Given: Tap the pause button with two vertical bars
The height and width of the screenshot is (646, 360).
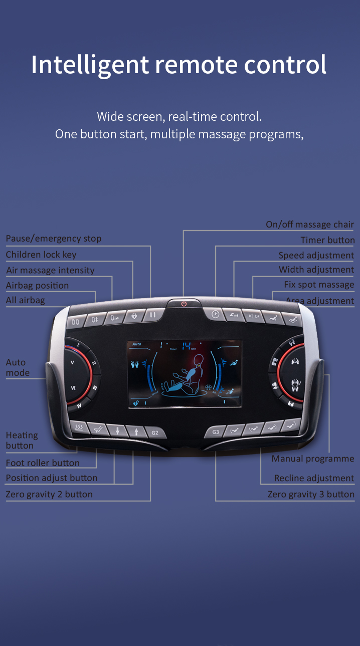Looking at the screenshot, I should [152, 316].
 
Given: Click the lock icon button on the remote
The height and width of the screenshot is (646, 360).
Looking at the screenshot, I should [134, 316].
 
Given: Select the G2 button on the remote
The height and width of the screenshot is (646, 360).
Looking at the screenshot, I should [155, 432].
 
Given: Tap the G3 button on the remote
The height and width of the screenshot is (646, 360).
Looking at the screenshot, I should [216, 432].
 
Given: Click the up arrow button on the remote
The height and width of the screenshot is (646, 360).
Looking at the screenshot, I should [135, 431].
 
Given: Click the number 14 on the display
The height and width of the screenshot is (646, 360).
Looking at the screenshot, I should [186, 345].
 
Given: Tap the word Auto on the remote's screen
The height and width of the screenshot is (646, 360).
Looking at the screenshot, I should [137, 344].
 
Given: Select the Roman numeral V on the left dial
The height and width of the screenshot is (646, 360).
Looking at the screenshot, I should [72, 362].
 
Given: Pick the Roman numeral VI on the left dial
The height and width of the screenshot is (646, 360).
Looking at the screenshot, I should [73, 387].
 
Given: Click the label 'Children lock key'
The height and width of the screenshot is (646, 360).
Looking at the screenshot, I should [41, 255].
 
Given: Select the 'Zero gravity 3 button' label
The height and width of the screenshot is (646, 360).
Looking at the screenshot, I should [311, 494].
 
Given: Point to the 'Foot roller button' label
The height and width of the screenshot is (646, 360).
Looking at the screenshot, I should [43, 463].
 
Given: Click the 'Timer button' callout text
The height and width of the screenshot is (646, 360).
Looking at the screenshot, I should [327, 240].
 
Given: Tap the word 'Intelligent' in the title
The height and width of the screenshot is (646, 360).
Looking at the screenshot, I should [90, 65].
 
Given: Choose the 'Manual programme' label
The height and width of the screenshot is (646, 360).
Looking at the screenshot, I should [313, 459].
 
